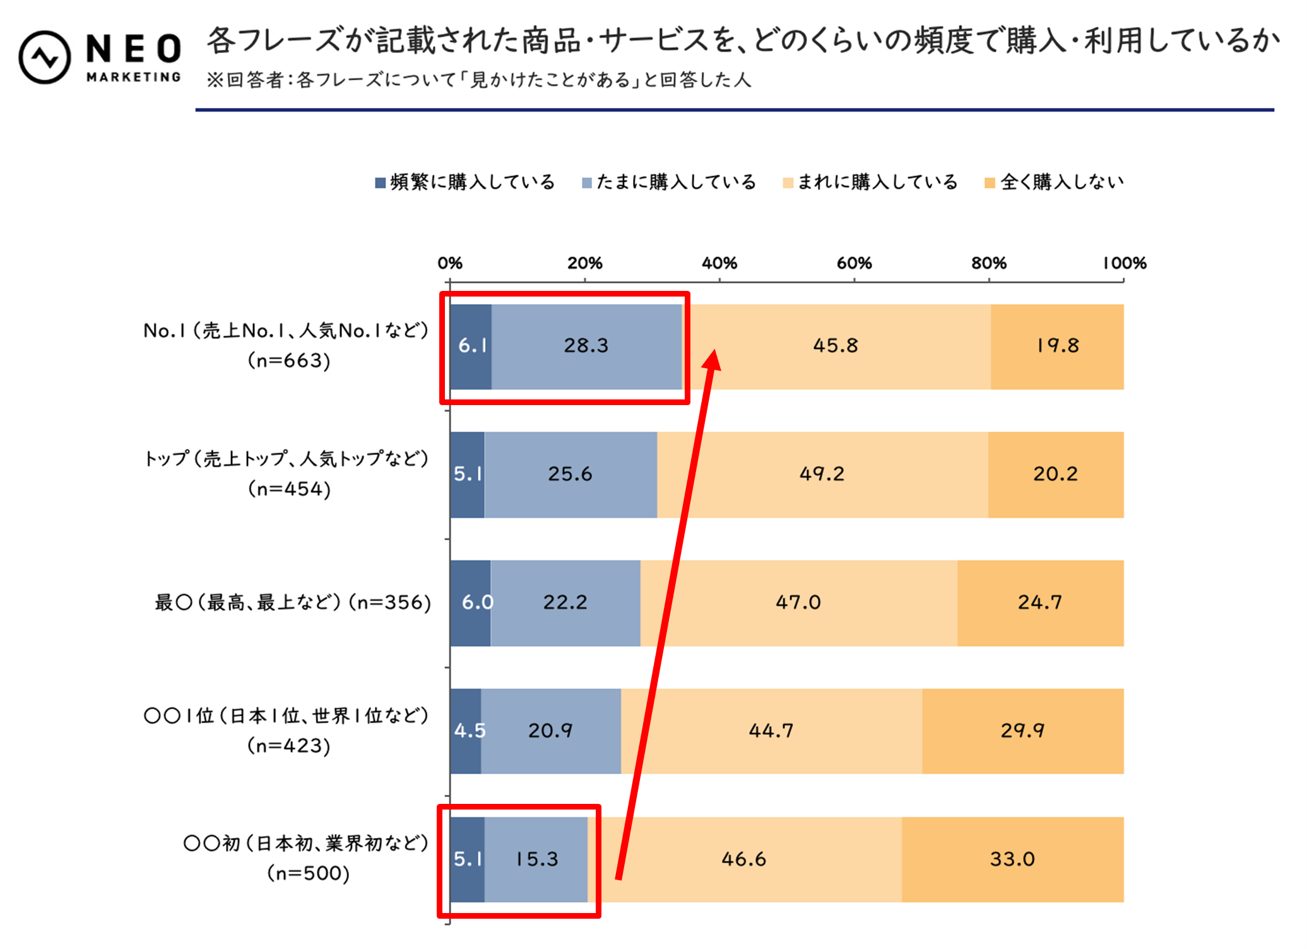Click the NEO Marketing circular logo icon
[x=44, y=57]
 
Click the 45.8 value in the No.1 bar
[x=835, y=346]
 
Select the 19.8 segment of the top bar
[x=1057, y=346]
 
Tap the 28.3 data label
[x=586, y=346]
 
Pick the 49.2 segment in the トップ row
[x=822, y=474]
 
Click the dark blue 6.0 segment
[x=471, y=603]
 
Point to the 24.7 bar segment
[x=1039, y=603]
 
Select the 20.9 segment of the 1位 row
[x=550, y=731]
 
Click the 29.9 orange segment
[x=1022, y=731]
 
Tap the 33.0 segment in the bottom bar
[x=1012, y=859]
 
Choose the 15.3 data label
[x=536, y=859]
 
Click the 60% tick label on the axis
[x=854, y=263]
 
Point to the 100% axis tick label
[x=1124, y=263]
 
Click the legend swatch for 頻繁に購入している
[x=381, y=183]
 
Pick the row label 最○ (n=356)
[x=293, y=603]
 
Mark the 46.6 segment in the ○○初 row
[x=743, y=859]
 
